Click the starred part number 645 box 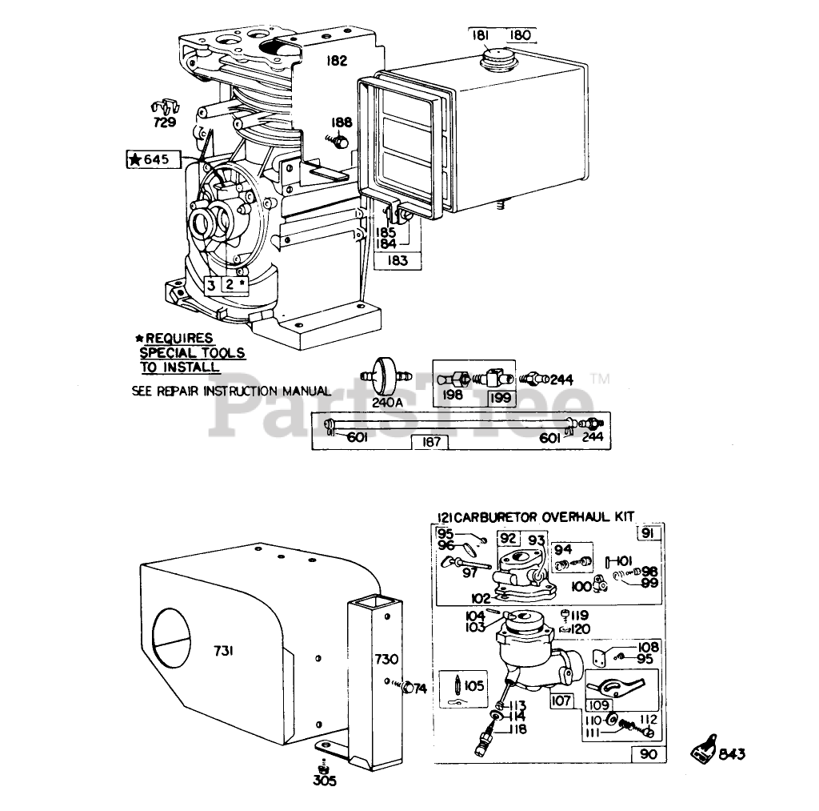149,159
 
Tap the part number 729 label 166,122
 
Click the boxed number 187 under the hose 431,442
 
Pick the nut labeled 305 322,764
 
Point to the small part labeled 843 704,753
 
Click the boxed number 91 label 649,534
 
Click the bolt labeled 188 339,143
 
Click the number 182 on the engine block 336,60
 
